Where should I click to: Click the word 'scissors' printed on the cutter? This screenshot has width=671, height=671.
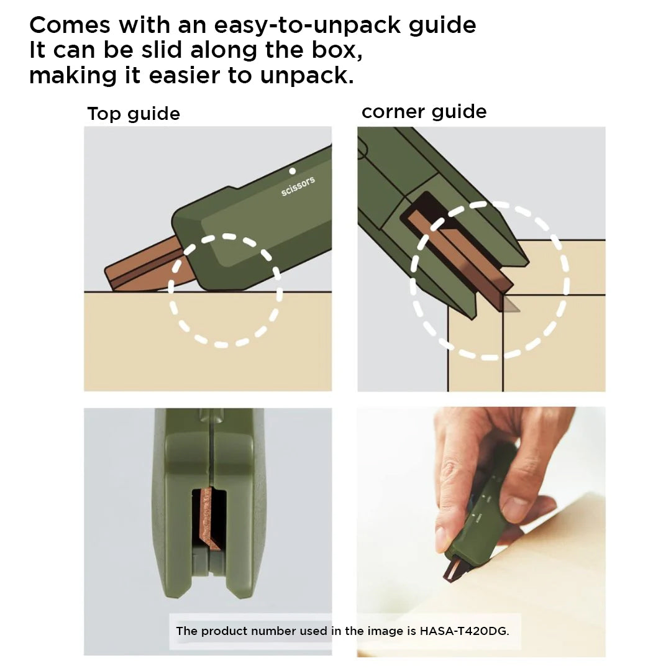(298, 186)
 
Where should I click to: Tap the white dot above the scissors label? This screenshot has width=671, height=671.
(292, 171)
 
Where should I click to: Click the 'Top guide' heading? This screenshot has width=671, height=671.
(134, 114)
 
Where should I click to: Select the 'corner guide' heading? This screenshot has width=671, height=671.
(424, 112)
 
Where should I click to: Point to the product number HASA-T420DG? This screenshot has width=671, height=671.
(464, 631)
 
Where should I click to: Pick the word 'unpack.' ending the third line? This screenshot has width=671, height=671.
(307, 76)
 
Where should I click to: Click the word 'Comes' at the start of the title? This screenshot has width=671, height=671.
(70, 25)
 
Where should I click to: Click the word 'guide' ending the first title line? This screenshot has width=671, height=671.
(442, 25)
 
